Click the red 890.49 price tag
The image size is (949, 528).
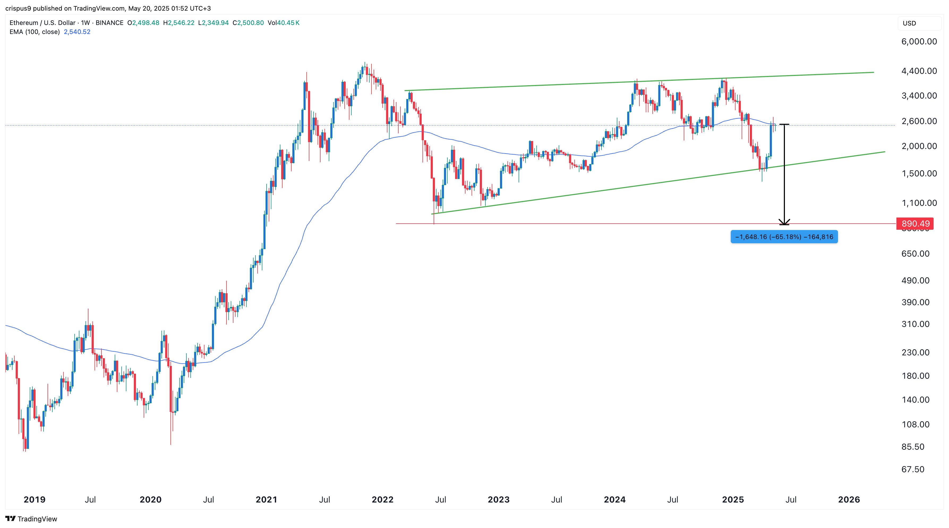(x=915, y=224)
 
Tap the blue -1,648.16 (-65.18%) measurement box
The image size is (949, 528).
(x=784, y=237)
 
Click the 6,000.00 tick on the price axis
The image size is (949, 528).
(x=919, y=42)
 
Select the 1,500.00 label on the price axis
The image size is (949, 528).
(x=919, y=173)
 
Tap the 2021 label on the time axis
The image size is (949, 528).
(x=266, y=500)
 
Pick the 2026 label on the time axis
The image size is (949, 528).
(x=849, y=500)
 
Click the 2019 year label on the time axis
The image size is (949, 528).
(x=34, y=500)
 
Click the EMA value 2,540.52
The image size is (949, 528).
(x=77, y=32)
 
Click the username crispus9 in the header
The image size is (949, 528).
(x=18, y=8)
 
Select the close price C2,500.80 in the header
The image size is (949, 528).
(x=248, y=23)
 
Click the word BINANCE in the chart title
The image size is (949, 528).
(x=109, y=23)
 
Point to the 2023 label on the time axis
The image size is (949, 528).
(x=498, y=500)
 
